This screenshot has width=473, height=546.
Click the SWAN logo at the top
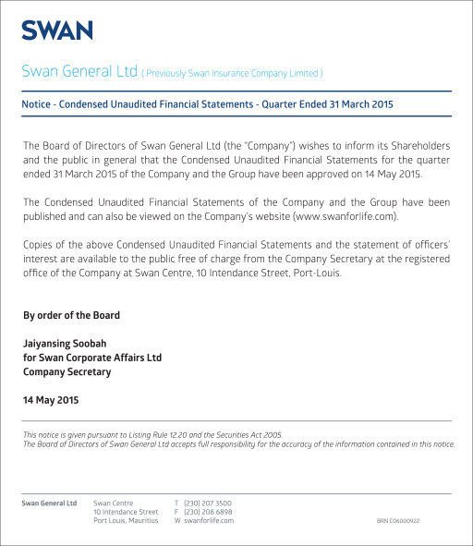point(57,30)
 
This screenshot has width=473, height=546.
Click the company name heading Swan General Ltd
point(79,71)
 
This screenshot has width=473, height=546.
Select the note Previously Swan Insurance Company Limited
point(233,73)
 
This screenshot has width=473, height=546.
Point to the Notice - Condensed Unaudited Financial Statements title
point(208,104)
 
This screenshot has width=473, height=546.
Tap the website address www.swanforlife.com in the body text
point(345,216)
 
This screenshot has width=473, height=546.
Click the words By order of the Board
point(71,315)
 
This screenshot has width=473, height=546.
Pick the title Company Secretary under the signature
point(67,371)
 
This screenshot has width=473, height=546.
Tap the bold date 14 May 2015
point(51,400)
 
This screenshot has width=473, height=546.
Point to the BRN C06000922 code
point(398,522)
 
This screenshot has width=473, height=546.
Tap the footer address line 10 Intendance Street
point(126,512)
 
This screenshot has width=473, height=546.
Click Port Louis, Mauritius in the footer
point(126,521)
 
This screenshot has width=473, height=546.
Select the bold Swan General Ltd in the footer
point(50,503)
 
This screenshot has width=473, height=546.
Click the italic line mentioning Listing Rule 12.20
point(152,434)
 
